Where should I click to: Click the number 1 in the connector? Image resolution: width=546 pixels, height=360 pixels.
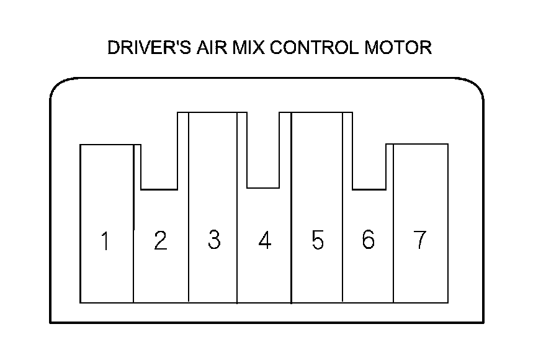106,241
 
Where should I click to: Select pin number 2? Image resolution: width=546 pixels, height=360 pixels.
160,241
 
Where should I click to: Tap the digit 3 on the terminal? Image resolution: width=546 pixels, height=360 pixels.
213,240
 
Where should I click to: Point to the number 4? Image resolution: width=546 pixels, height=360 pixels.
265,241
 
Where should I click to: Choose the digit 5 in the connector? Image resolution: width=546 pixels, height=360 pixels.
317,241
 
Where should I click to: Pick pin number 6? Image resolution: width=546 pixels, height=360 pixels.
368,240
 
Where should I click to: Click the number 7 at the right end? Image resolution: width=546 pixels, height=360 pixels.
420,240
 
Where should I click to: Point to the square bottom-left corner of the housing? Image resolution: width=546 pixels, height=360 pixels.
51,322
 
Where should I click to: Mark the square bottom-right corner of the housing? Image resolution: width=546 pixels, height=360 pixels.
483,322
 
